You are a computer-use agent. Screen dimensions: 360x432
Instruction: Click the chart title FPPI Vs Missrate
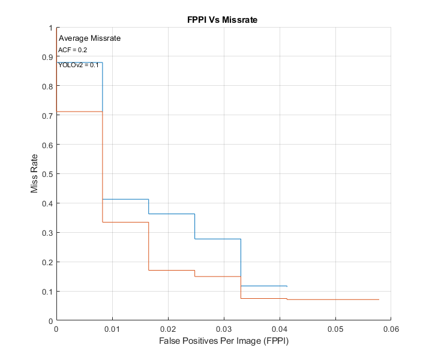pos(223,20)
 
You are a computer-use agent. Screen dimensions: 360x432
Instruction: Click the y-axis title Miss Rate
pos(34,174)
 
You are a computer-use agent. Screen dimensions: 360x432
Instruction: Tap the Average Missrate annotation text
pos(89,38)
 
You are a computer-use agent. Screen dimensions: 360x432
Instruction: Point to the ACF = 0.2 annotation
pos(73,50)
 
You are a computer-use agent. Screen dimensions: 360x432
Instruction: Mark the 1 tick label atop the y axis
pos(50,28)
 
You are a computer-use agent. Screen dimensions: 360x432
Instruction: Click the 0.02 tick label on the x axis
pos(168,329)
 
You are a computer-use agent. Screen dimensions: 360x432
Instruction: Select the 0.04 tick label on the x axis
pos(280,329)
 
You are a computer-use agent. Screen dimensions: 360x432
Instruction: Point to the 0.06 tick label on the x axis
pos(391,329)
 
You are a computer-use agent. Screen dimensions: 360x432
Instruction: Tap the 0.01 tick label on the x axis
pos(112,329)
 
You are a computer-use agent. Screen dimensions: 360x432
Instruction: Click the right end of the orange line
pos(379,299)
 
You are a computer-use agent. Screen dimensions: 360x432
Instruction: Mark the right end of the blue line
pos(287,286)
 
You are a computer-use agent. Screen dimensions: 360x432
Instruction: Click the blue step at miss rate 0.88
pos(79,62)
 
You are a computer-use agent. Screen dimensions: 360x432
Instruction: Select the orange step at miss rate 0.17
pos(172,270)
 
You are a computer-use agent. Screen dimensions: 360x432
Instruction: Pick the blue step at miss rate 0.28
pos(218,239)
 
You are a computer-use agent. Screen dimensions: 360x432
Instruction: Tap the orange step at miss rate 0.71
pos(79,112)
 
